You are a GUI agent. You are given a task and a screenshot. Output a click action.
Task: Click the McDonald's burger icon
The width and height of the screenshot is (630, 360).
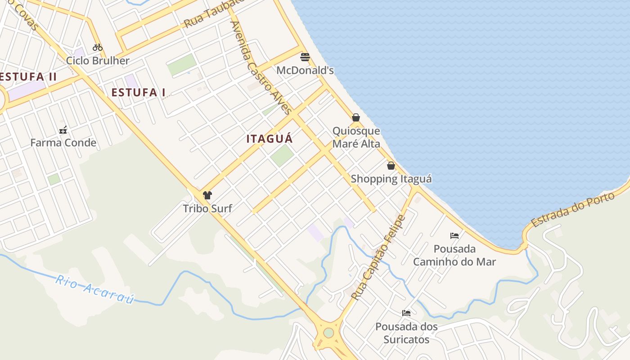pos(305,57)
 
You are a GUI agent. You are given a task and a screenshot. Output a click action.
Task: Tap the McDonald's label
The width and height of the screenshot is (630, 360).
pos(305,70)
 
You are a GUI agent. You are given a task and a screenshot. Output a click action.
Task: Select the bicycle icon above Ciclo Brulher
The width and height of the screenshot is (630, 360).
pos(98,47)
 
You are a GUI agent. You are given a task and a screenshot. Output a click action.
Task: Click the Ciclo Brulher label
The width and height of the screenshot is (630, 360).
pos(98,60)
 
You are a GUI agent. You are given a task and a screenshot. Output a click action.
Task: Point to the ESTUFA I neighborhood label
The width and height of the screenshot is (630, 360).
pos(139,93)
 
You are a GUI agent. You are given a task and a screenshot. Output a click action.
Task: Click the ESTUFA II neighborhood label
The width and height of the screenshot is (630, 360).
pos(28,76)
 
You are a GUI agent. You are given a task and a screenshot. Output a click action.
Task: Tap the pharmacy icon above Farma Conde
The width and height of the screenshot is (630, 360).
pos(63,130)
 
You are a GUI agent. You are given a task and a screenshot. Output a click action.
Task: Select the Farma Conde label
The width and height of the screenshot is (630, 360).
pos(63,143)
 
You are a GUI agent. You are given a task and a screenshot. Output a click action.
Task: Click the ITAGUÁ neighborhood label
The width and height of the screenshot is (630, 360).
pos(270,139)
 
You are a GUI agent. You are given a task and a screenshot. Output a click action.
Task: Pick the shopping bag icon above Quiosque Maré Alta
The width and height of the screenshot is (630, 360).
pos(356,117)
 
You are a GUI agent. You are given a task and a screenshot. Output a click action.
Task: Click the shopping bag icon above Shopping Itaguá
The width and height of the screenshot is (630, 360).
pos(391,166)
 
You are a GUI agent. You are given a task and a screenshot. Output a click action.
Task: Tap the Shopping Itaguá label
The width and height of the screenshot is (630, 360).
pos(391,179)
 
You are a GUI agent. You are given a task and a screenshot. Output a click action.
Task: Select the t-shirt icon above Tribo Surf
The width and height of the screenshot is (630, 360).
pos(207,195)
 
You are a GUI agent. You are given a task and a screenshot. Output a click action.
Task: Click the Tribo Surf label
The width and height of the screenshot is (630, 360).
pos(207,208)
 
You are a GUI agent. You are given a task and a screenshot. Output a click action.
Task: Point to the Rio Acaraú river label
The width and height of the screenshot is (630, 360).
pos(95,290)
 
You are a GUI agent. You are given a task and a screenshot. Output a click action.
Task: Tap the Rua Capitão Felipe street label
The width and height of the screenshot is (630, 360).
pos(379,258)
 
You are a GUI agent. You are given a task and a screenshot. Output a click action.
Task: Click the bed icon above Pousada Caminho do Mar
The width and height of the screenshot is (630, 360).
pos(454,236)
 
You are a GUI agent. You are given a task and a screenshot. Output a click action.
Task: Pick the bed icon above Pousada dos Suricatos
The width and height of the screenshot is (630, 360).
pos(406,313)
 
